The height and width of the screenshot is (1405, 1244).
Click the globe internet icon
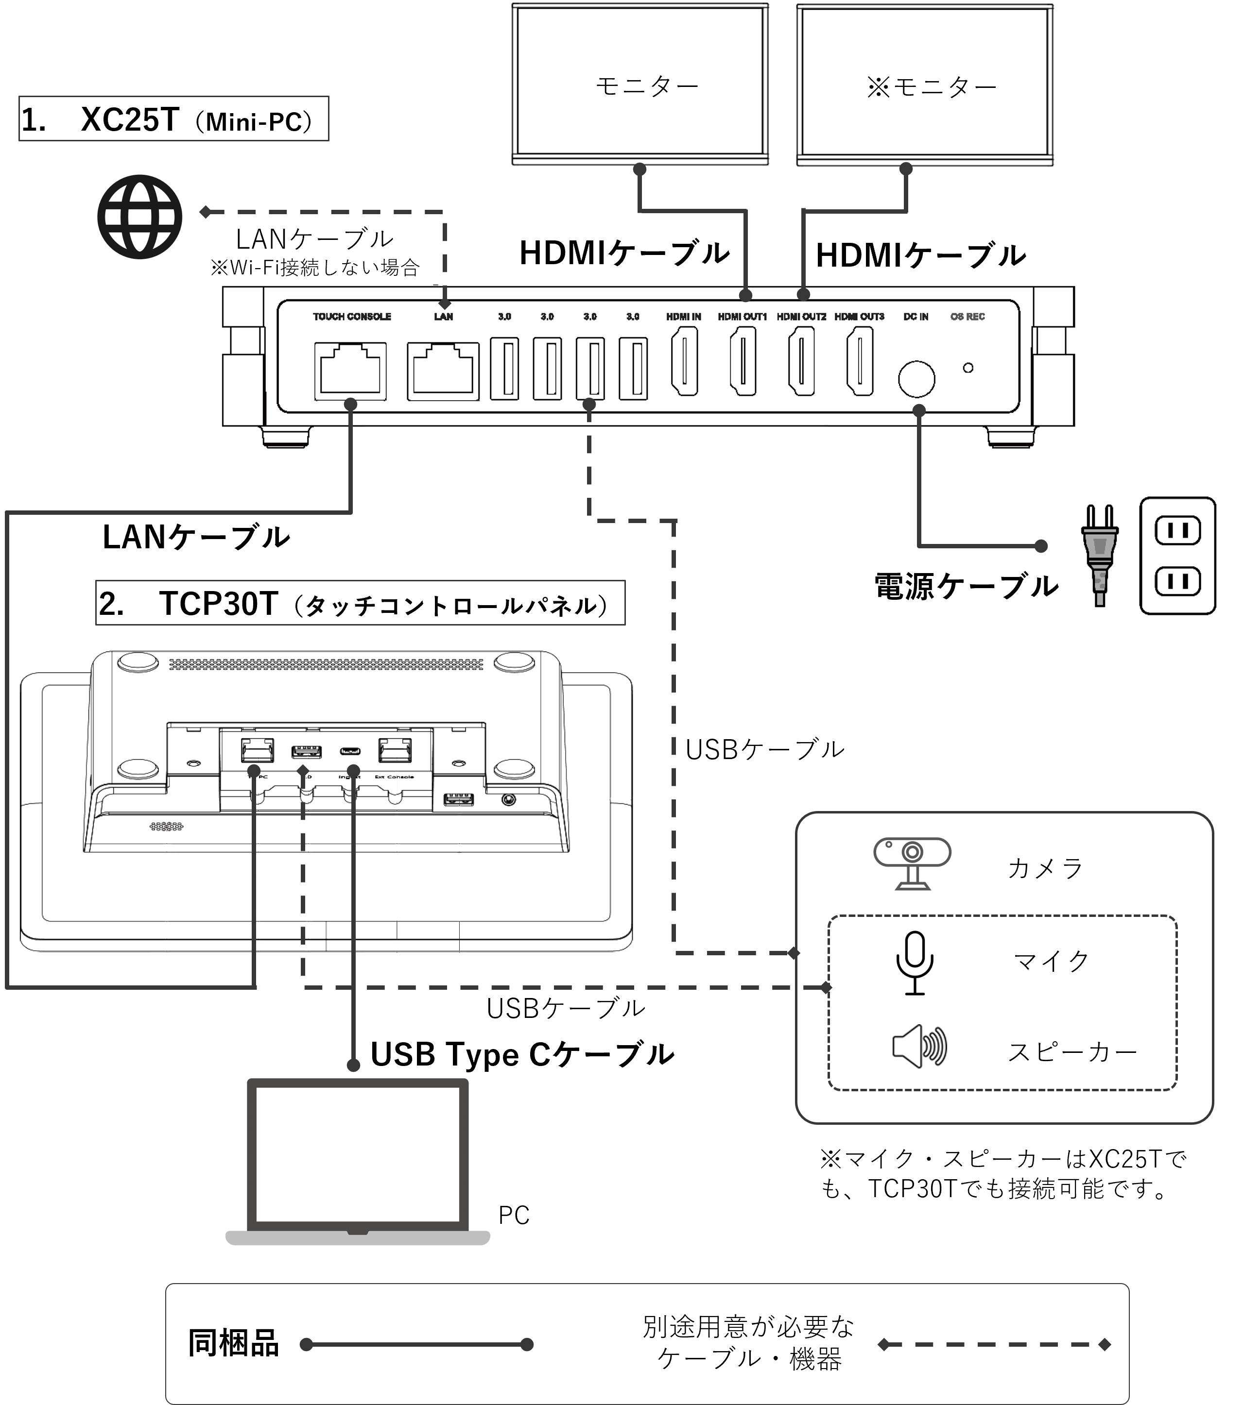coord(139,217)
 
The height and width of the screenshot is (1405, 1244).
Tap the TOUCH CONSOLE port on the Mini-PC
coord(350,371)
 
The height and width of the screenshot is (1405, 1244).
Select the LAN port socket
coord(444,371)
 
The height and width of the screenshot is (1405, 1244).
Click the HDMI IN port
coord(684,361)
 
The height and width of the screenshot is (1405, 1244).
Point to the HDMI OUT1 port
coord(743,361)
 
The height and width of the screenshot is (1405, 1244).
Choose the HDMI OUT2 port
coord(801,361)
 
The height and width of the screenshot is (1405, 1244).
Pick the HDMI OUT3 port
coord(860,361)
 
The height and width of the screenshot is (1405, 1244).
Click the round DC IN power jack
coord(916,379)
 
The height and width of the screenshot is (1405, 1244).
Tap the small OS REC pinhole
coord(968,368)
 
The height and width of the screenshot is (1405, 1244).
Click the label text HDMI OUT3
coord(860,316)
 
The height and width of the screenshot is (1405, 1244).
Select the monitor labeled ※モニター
coord(926,85)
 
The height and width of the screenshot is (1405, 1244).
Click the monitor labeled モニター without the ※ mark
coord(641,85)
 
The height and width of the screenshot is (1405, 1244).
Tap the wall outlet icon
coord(1178,556)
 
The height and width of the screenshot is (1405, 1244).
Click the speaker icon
coord(919,1046)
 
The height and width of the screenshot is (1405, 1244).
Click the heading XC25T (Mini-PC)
coord(173,119)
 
